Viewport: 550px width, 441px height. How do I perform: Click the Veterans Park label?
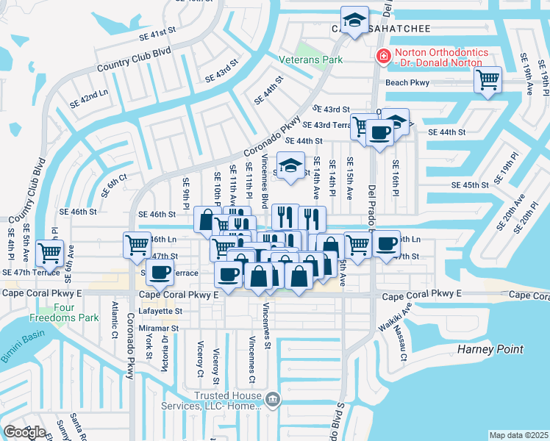pyautogui.click(x=311, y=59)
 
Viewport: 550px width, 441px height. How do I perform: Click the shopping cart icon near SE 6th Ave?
pyautogui.click(x=49, y=252)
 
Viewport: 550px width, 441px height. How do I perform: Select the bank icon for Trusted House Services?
pyautogui.click(x=273, y=401)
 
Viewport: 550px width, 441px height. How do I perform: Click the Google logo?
pyautogui.click(x=24, y=432)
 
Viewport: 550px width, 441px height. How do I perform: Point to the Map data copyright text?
pyautogui.click(x=518, y=435)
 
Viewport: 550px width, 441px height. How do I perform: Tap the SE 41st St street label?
pyautogui.click(x=160, y=34)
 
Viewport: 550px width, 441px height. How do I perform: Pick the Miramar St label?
pyautogui.click(x=160, y=328)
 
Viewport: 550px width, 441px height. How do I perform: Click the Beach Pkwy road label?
pyautogui.click(x=407, y=83)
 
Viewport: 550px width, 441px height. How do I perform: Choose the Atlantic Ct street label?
pyautogui.click(x=115, y=316)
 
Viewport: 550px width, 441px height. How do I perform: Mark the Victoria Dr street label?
pyautogui.click(x=165, y=352)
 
